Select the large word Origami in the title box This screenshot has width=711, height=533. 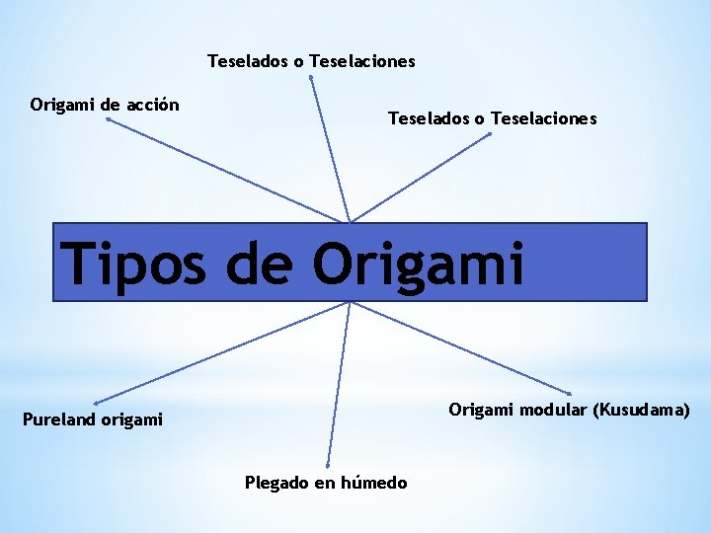coord(419,264)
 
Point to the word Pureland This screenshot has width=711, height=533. coord(60,420)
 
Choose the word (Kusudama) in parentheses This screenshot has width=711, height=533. coord(641,410)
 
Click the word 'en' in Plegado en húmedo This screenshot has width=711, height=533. coord(326,483)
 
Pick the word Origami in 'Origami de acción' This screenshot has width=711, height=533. coord(61,105)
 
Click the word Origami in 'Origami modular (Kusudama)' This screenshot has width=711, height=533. coord(480,410)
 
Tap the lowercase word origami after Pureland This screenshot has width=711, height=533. coord(131,420)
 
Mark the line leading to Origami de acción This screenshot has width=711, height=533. coord(227,170)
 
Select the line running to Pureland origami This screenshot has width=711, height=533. coord(222,352)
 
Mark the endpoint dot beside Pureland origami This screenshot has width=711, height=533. coord(95,403)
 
